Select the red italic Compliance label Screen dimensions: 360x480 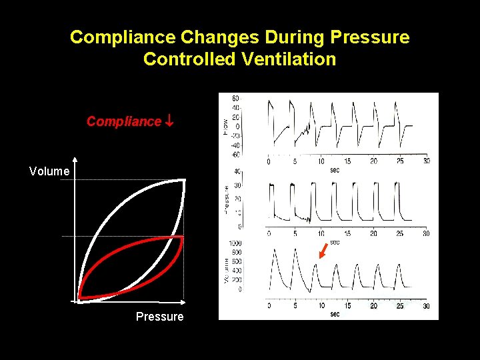pyautogui.click(x=124, y=121)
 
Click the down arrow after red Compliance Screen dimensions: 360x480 pyautogui.click(x=169, y=121)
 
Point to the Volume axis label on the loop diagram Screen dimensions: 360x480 pyautogui.click(x=49, y=171)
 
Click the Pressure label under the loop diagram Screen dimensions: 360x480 pyautogui.click(x=159, y=316)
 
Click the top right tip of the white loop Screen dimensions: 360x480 pyautogui.click(x=184, y=180)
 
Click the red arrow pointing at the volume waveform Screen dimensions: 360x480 pyautogui.click(x=323, y=251)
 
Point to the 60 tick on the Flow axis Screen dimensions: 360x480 pyautogui.click(x=235, y=99)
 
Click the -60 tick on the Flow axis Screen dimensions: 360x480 pyautogui.click(x=235, y=154)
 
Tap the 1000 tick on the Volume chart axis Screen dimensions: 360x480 pyautogui.click(x=234, y=243)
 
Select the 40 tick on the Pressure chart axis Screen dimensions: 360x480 pyautogui.click(x=237, y=172)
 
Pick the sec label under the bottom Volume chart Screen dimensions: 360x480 pyautogui.click(x=335, y=314)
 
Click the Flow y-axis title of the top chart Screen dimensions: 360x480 pyautogui.click(x=225, y=125)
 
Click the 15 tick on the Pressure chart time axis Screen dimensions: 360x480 pyautogui.click(x=347, y=233)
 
